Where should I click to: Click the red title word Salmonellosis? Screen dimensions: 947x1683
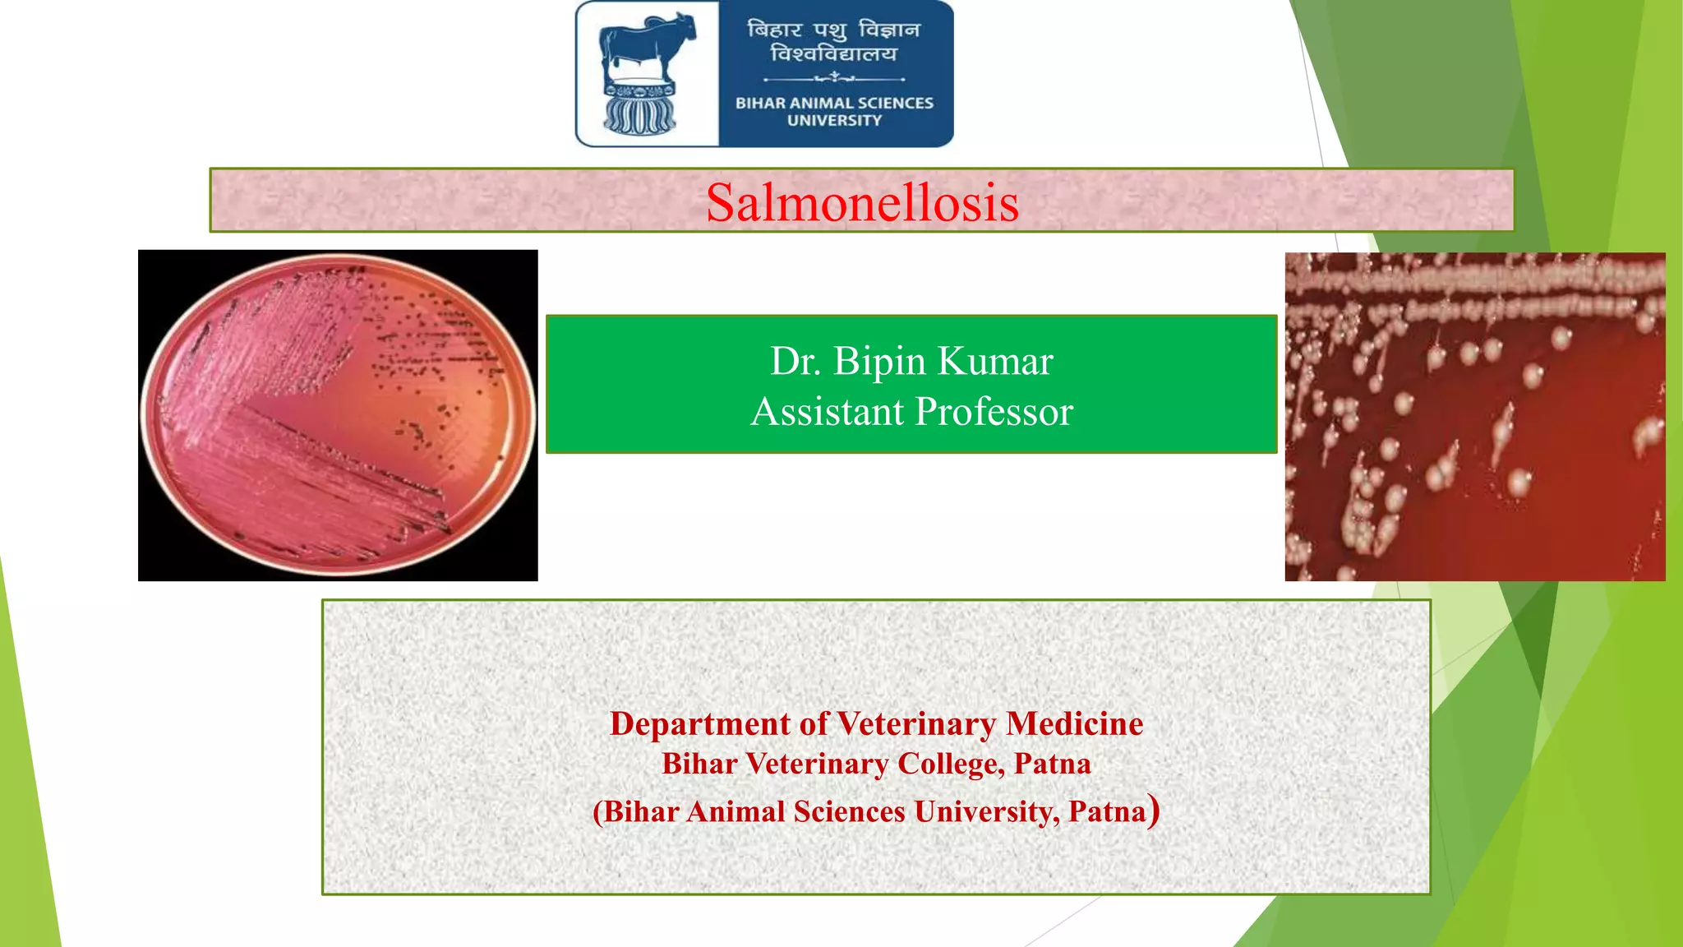[862, 202]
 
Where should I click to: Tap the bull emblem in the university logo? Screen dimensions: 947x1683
[646, 49]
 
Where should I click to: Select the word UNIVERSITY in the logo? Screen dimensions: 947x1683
[834, 121]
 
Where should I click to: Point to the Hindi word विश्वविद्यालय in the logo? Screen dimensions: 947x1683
[833, 54]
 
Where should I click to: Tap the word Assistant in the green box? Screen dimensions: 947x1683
[827, 411]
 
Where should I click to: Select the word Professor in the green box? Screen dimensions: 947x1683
[994, 411]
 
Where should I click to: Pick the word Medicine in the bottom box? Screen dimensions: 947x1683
[1074, 723]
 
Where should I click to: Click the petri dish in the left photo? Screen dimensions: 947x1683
[338, 415]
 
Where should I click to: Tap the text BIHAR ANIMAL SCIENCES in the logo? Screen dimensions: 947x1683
[834, 103]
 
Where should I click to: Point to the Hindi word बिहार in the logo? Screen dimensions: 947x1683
[774, 30]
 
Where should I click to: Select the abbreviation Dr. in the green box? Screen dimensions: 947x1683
[795, 361]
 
